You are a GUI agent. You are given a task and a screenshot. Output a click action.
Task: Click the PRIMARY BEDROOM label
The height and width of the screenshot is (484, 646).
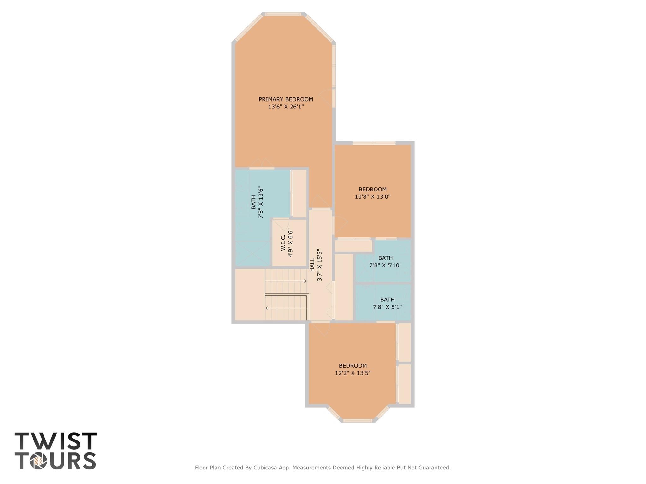tap(286, 99)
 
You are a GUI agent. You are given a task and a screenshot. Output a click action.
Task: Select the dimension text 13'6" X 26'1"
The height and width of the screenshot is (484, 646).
tap(286, 107)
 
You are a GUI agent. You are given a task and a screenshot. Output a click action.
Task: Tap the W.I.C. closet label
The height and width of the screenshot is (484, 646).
tap(283, 242)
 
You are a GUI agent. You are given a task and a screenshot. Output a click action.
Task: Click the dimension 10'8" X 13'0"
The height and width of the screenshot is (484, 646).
tap(372, 197)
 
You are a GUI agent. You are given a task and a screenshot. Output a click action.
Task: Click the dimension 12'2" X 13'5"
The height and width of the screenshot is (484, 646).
tap(353, 373)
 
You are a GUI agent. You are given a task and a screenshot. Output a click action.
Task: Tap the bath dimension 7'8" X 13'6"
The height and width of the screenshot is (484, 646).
tap(261, 202)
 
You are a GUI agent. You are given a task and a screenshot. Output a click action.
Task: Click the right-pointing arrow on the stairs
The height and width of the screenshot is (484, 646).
tap(304, 281)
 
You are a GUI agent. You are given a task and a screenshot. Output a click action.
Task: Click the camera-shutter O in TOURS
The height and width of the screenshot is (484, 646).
tap(39, 461)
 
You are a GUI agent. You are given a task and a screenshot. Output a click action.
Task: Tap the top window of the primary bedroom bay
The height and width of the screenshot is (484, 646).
tap(283, 14)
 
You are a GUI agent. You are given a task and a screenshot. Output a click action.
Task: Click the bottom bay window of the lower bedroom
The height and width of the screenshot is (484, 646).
tap(358, 420)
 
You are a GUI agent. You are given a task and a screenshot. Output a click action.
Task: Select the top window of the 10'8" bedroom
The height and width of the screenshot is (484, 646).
tap(374, 143)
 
